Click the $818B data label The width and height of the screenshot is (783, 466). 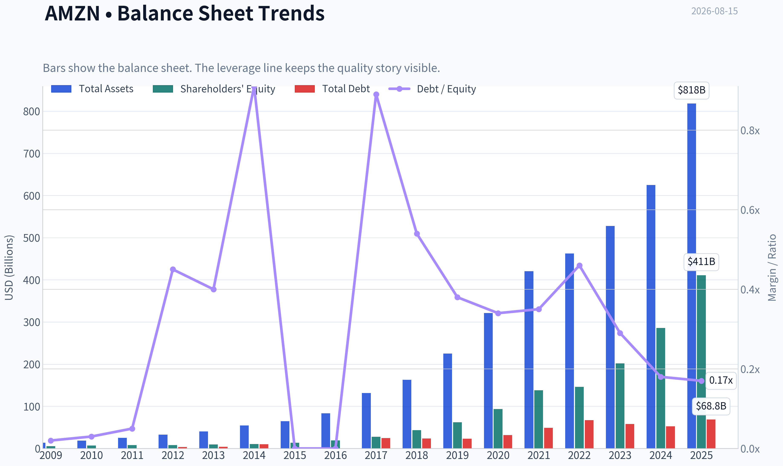click(691, 90)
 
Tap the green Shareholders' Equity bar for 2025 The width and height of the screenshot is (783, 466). click(701, 362)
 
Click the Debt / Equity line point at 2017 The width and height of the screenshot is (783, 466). click(376, 95)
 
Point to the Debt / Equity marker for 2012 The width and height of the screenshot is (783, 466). click(173, 269)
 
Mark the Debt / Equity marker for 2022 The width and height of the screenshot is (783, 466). click(579, 266)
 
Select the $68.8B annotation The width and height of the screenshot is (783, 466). click(711, 406)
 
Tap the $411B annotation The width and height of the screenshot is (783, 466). click(701, 262)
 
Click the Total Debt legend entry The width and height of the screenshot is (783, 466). click(332, 89)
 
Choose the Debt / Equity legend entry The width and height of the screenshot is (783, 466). click(432, 89)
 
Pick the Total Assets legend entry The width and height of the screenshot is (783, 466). click(92, 89)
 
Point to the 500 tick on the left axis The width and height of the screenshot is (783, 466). click(32, 238)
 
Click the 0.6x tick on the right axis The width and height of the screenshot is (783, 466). click(750, 210)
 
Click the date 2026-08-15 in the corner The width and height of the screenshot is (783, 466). click(714, 11)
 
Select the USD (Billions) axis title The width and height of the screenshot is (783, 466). click(9, 268)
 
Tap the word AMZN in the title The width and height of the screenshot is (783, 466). click(72, 13)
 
